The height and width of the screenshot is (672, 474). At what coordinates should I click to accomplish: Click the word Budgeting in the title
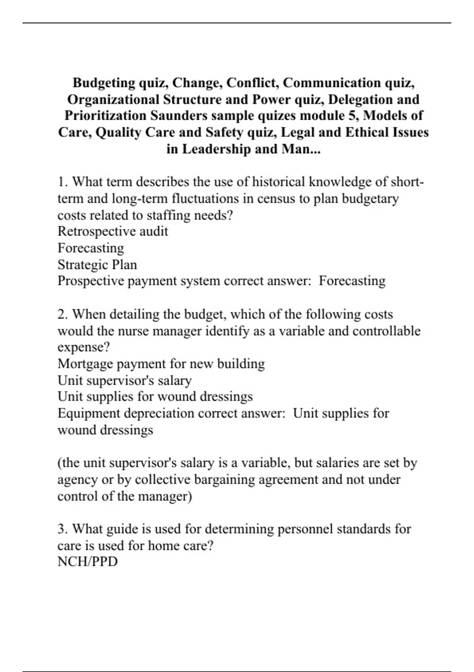(104, 83)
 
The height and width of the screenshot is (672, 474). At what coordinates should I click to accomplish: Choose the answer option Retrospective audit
(113, 231)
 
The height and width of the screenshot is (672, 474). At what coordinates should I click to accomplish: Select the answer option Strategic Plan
(97, 264)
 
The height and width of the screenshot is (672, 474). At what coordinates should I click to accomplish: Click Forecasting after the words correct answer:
(352, 281)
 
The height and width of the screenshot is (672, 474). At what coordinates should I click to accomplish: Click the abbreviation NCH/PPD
(87, 562)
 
